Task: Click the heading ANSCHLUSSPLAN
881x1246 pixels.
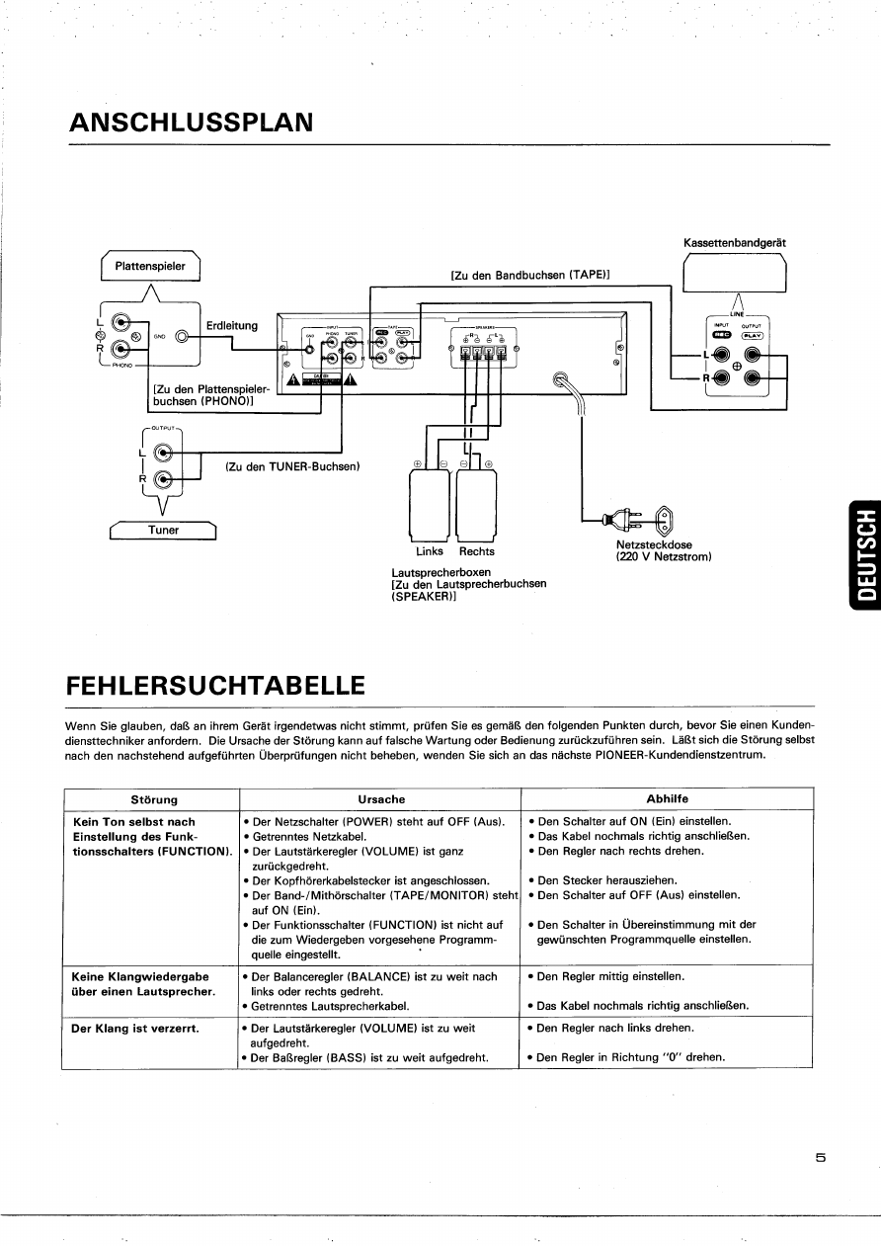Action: (x=192, y=123)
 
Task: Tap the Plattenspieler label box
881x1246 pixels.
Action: (x=150, y=266)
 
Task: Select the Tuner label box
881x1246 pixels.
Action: (x=164, y=530)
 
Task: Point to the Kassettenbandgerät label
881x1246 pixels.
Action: (x=735, y=242)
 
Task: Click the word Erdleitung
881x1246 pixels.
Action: (x=232, y=325)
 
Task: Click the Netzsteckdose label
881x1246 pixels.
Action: (x=654, y=544)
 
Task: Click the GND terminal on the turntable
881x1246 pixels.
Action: (x=182, y=336)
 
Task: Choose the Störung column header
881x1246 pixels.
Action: (x=154, y=799)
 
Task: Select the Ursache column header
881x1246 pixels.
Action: (x=381, y=799)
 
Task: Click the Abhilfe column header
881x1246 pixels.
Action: (x=667, y=799)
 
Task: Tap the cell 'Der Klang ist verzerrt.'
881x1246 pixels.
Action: (x=136, y=1028)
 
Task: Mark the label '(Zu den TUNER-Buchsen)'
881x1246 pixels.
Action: (x=292, y=466)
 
